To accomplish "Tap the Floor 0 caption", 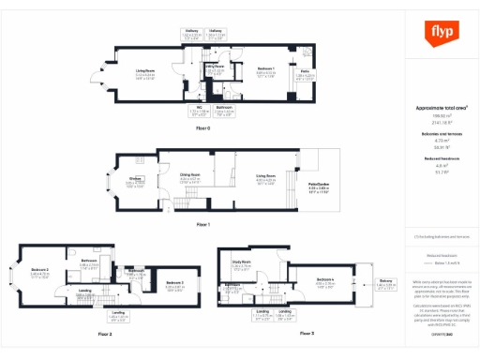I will tap(202, 127).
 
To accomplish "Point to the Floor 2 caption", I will tap(104, 333).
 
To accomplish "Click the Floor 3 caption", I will tap(306, 333).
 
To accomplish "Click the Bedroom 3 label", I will tap(175, 282).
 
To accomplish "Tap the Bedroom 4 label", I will tap(326, 280).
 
